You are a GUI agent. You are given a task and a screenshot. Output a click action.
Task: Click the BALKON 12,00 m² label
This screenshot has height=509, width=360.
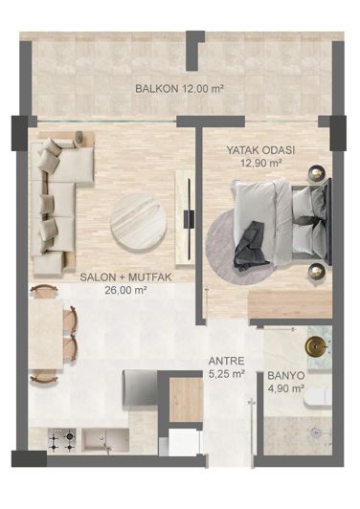[179, 88]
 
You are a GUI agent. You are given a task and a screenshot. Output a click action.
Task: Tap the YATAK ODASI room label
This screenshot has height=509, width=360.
[260, 150]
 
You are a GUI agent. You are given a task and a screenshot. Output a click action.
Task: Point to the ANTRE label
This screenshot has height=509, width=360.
[226, 362]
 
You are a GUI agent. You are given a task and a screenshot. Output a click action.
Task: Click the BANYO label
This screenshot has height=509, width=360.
[285, 376]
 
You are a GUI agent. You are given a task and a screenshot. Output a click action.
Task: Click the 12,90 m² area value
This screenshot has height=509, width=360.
[260, 163]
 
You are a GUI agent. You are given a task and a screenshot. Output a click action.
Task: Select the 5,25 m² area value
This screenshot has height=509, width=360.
[226, 374]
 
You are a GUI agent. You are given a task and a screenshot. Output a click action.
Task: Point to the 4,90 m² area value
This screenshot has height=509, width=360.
[285, 388]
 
